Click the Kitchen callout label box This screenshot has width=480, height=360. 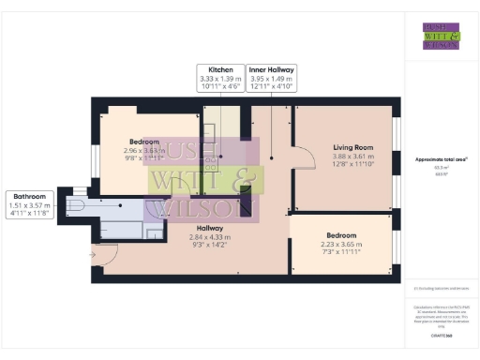coord(220,78)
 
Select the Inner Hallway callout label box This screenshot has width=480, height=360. coord(272,78)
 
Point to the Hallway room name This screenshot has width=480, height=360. coord(209,228)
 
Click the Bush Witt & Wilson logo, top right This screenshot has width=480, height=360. coord(441,36)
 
